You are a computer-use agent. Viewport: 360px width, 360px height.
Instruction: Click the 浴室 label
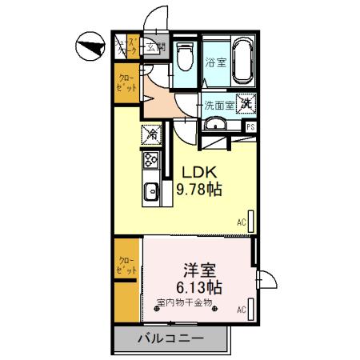point(215,62)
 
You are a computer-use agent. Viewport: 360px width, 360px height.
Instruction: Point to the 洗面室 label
point(218,104)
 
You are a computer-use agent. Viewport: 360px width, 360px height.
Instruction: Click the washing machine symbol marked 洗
point(247,103)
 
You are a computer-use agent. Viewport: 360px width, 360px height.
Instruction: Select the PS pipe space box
point(250,126)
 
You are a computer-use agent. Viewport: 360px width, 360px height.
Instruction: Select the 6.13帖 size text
point(198,287)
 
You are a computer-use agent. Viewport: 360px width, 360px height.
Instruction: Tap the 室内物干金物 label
point(184,302)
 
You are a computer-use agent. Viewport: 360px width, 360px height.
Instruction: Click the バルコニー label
point(170,339)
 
